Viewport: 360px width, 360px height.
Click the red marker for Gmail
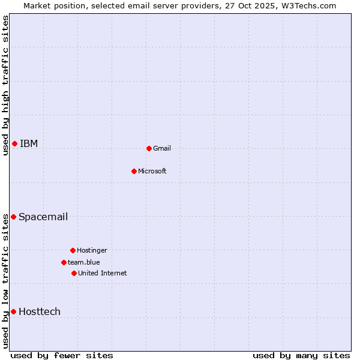(x=149, y=148)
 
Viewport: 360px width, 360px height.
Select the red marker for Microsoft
(x=134, y=171)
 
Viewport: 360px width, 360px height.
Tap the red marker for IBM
(x=14, y=143)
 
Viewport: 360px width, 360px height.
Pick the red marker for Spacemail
(x=13, y=217)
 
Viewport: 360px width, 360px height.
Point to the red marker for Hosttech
(x=13, y=311)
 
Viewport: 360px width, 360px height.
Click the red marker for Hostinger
(x=73, y=250)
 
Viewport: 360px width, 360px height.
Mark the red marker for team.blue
(x=64, y=262)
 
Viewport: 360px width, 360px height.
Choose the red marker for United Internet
(x=74, y=273)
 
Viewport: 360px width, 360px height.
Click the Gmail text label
(x=162, y=148)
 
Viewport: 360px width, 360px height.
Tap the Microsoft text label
(x=152, y=171)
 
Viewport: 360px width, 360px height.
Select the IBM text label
(x=29, y=143)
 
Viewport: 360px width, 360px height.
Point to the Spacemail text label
(x=43, y=217)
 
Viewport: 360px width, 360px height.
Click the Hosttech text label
(x=40, y=311)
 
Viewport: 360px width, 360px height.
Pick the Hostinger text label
(x=92, y=250)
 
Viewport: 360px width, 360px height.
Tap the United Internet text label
(x=103, y=273)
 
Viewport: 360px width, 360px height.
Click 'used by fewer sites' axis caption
(x=62, y=355)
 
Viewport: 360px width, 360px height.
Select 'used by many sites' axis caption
(x=301, y=355)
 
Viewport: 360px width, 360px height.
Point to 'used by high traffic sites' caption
(x=5, y=85)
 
